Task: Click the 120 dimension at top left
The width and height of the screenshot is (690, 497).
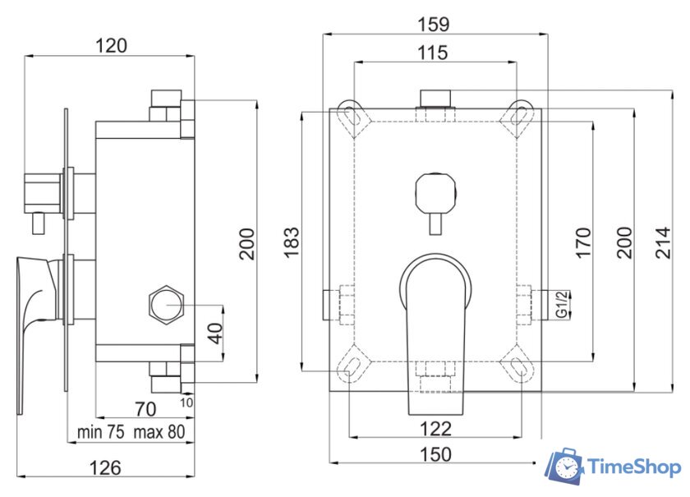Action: tap(111, 45)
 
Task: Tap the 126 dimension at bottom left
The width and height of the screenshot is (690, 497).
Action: tap(105, 467)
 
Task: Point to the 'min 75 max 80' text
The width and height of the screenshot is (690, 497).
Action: tap(131, 431)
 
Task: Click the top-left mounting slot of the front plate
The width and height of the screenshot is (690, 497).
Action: tap(351, 115)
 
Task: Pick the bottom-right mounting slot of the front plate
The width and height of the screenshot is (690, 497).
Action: tap(519, 366)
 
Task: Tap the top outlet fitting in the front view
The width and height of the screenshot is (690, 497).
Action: tap(436, 100)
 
